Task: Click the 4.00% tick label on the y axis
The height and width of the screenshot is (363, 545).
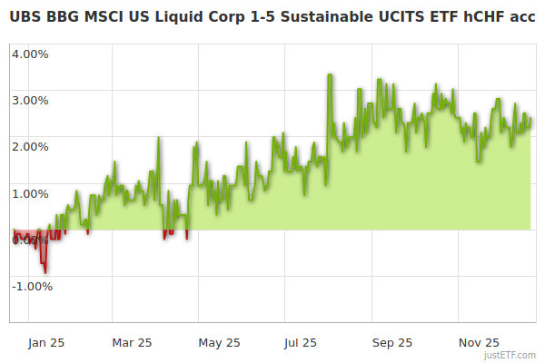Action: (29, 53)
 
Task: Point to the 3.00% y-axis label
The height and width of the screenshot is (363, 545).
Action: (29, 100)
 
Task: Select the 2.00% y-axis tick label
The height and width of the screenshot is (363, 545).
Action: (29, 146)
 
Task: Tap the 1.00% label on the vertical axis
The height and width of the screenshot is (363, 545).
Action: (29, 193)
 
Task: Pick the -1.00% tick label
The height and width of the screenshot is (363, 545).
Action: (31, 287)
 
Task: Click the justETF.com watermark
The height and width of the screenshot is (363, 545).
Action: (510, 355)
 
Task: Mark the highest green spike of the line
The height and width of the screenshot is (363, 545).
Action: (329, 75)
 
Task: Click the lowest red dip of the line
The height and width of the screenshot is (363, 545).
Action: (45, 271)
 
